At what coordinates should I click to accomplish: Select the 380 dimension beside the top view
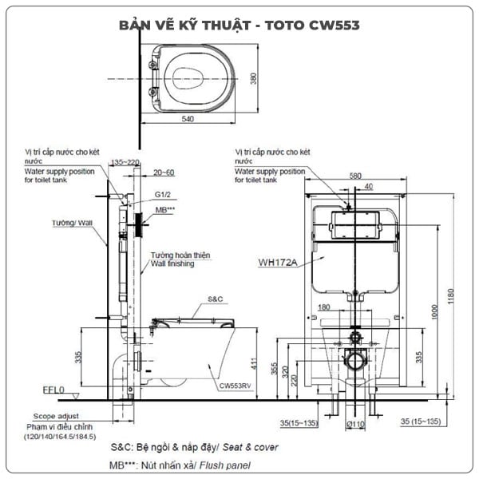251,77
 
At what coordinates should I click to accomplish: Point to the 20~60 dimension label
164,172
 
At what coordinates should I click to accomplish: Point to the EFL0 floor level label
53,393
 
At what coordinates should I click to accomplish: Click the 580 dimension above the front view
356,176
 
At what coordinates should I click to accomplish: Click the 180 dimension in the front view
324,307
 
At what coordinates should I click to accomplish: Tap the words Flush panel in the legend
229,465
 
